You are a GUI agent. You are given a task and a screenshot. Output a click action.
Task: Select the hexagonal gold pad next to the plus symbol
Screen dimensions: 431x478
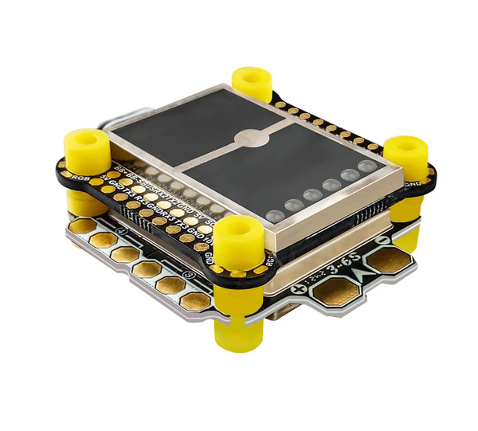(x=333, y=293)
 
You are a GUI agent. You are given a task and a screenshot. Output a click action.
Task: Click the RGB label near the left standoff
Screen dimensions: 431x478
(x=80, y=176)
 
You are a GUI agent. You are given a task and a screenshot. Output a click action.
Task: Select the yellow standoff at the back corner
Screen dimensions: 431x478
(x=252, y=81)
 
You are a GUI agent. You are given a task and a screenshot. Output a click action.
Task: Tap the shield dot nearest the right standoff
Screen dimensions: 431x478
(x=366, y=167)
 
